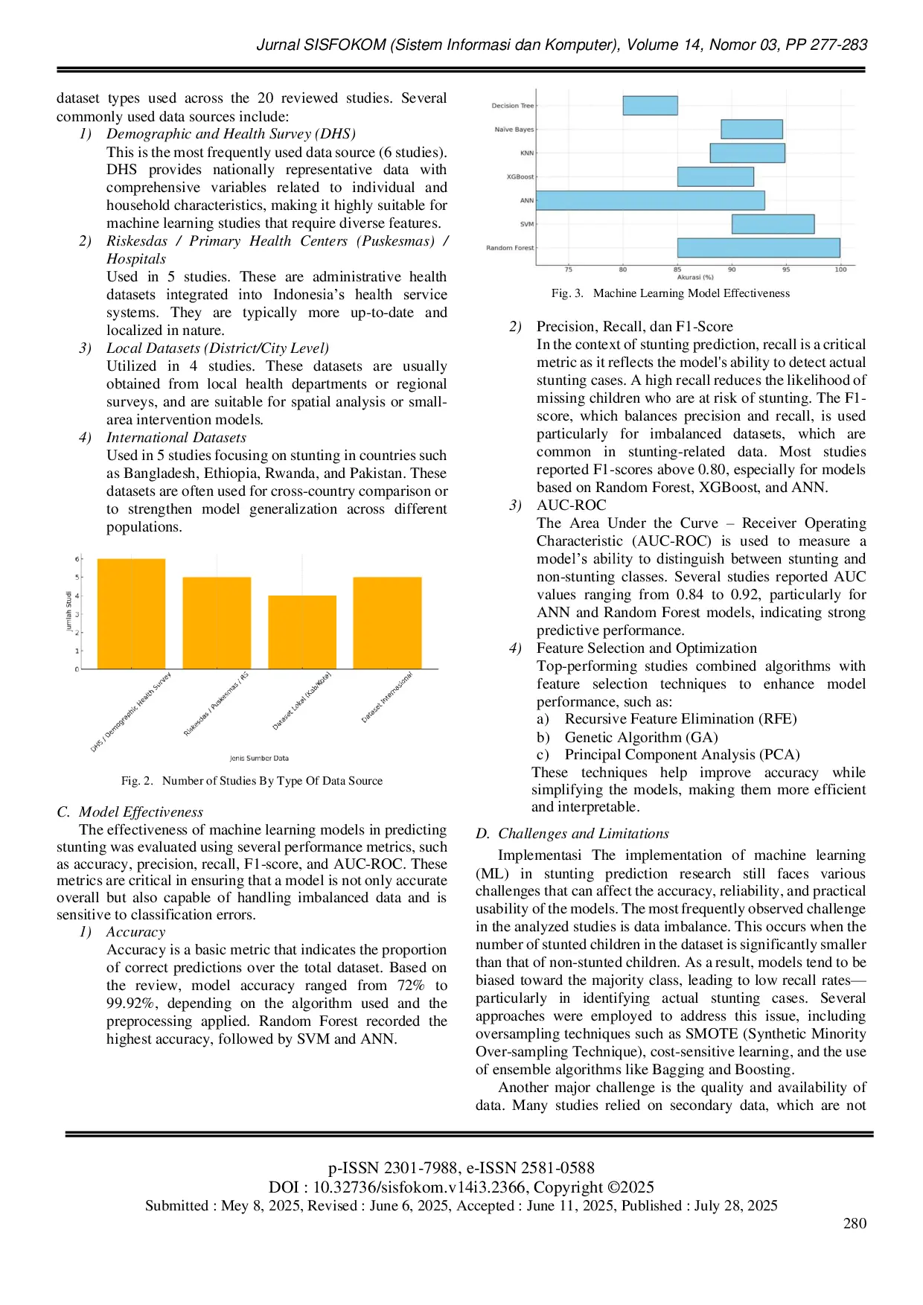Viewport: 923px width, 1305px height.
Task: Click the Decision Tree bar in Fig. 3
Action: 650,106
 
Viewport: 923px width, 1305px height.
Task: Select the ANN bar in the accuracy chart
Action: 650,200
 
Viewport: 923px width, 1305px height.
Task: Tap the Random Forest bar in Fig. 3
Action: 758,248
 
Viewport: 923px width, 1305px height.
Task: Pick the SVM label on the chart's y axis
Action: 526,224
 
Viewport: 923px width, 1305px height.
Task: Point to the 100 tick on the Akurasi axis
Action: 840,269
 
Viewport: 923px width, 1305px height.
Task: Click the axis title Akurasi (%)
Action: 694,278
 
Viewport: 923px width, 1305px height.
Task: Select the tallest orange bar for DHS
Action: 131,613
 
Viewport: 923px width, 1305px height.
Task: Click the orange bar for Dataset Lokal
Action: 302,632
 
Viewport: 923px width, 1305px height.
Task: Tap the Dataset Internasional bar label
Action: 387,698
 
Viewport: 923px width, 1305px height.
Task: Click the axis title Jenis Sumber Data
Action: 259,758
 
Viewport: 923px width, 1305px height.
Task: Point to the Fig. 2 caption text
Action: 252,781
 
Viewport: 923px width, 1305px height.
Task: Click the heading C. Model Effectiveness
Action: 130,812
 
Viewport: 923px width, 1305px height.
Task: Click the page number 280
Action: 855,1223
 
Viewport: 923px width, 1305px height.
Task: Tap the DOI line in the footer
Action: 461,1187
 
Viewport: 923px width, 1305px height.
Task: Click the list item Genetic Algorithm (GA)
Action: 641,737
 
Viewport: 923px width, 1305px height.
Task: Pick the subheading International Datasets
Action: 176,438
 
